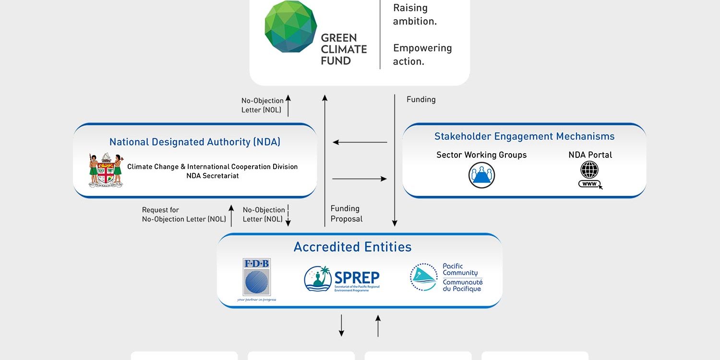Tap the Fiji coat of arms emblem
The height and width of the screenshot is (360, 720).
pyautogui.click(x=106, y=170)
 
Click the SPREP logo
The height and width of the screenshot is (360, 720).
pyautogui.click(x=342, y=279)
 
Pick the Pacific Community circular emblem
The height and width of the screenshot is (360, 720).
pyautogui.click(x=423, y=277)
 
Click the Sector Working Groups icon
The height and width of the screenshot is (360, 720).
pyautogui.click(x=481, y=175)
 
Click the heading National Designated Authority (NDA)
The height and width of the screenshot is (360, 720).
pyautogui.click(x=195, y=142)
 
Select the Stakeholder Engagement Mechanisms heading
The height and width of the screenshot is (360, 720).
pyautogui.click(x=524, y=136)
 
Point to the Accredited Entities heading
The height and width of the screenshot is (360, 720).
pyautogui.click(x=353, y=247)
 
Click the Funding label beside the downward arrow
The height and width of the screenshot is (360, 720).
pyautogui.click(x=421, y=99)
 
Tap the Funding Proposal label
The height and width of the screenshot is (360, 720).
pyautogui.click(x=346, y=214)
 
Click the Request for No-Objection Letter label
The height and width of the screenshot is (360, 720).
pyautogui.click(x=184, y=215)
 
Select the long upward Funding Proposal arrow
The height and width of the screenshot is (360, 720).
pyautogui.click(x=325, y=158)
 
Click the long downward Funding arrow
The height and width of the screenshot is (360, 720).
pyautogui.click(x=395, y=158)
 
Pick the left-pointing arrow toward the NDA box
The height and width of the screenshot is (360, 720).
pyautogui.click(x=360, y=142)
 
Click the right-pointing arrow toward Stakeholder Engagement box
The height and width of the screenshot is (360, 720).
pyautogui.click(x=360, y=179)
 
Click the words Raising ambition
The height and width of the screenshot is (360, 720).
pyautogui.click(x=415, y=14)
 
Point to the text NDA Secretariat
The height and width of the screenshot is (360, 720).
pyautogui.click(x=212, y=176)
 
